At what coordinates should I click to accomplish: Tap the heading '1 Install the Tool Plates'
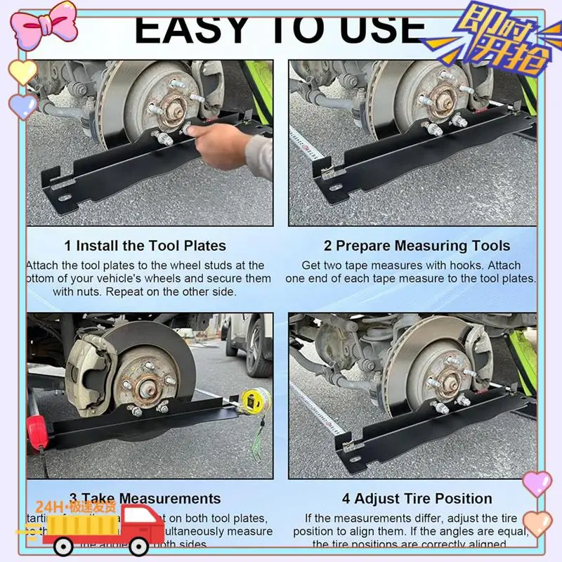(x=145, y=246)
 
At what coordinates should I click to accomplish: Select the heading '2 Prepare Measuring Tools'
(x=417, y=246)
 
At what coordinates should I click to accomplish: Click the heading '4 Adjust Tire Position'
(x=417, y=499)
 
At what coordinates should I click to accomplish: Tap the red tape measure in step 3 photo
(x=36, y=430)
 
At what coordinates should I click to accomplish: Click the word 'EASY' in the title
(x=190, y=30)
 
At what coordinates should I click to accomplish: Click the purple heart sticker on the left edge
(x=22, y=107)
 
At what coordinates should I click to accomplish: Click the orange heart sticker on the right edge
(x=538, y=523)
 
